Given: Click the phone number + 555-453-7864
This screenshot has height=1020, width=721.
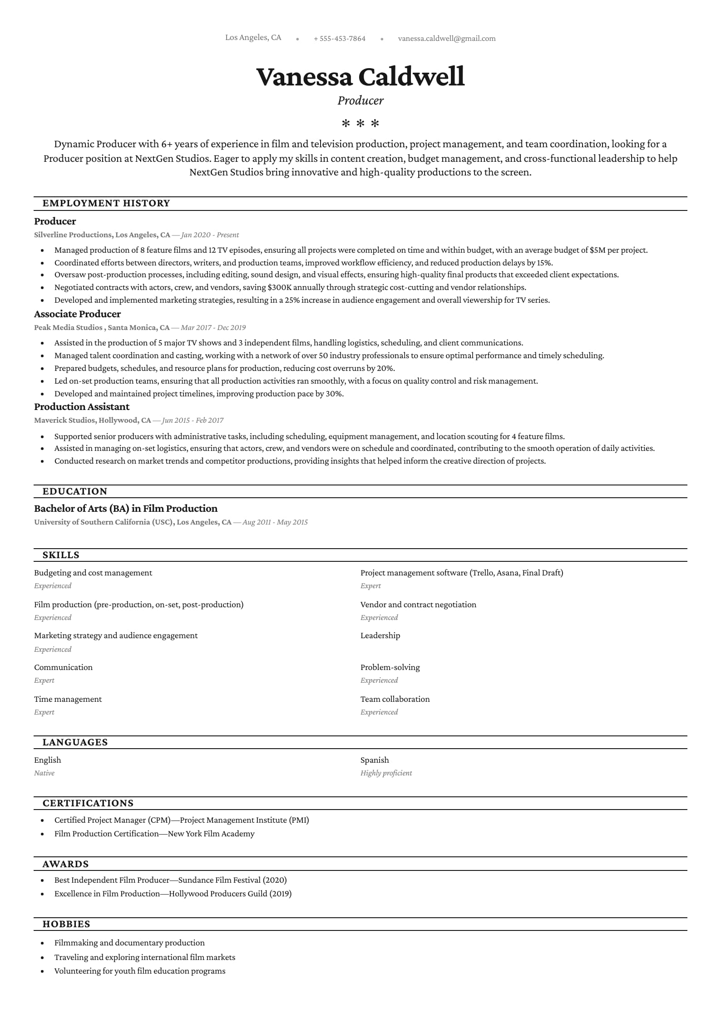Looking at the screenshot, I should (339, 39).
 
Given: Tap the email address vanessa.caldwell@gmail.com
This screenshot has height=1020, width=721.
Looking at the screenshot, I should (446, 39).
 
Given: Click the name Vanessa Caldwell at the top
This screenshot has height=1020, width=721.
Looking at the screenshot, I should (360, 76).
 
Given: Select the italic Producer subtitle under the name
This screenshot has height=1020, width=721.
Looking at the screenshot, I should (360, 100).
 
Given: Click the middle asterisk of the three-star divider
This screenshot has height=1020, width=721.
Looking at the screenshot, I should (360, 123).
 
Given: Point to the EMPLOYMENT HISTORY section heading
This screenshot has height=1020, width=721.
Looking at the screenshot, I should (106, 203).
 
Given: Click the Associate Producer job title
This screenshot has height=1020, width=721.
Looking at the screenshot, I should (77, 314).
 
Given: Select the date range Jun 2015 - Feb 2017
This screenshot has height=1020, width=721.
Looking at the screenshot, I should (193, 420).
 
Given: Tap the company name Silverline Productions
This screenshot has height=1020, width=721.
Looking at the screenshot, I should (73, 235).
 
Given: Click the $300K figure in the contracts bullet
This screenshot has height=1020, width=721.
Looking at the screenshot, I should (280, 287).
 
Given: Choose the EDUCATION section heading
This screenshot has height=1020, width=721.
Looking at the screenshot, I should (75, 491).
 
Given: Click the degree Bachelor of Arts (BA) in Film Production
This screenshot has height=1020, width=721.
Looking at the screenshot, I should (126, 509).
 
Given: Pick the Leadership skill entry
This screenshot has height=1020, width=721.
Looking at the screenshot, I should (380, 635).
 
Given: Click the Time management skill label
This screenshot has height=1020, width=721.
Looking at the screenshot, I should (68, 699).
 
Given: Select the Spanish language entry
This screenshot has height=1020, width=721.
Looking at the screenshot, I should (375, 760).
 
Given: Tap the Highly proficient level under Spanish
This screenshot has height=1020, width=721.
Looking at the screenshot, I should (386, 773).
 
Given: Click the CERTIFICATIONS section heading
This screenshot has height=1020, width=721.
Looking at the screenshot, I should (88, 803).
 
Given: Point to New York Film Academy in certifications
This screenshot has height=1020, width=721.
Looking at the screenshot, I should (211, 834).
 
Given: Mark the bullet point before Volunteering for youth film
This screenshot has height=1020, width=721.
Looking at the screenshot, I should (43, 971).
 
